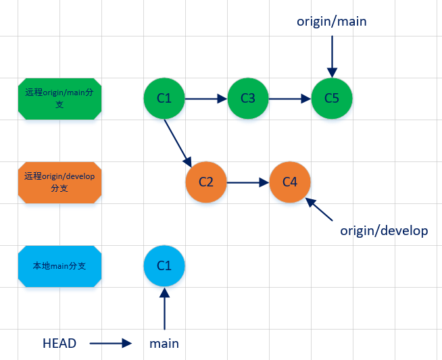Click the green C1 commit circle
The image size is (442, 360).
click(x=164, y=99)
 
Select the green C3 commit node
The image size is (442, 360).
click(x=248, y=99)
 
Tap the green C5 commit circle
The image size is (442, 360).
click(x=331, y=99)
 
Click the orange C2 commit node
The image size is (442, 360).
click(x=206, y=182)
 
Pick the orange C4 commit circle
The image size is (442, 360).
click(x=290, y=182)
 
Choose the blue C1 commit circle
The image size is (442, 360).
click(x=164, y=265)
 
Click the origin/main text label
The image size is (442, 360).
click(x=331, y=21)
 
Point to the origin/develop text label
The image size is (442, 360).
click(x=384, y=231)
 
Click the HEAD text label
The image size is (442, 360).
click(x=59, y=343)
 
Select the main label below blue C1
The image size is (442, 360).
click(x=164, y=343)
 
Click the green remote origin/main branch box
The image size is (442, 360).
click(x=59, y=99)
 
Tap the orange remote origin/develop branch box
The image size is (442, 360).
click(x=59, y=182)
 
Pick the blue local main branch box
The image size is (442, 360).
click(x=59, y=265)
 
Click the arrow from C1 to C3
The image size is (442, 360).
click(x=206, y=99)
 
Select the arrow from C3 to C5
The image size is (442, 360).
click(x=289, y=99)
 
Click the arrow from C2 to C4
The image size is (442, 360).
click(x=248, y=182)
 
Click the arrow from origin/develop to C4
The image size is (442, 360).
click(x=320, y=209)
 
